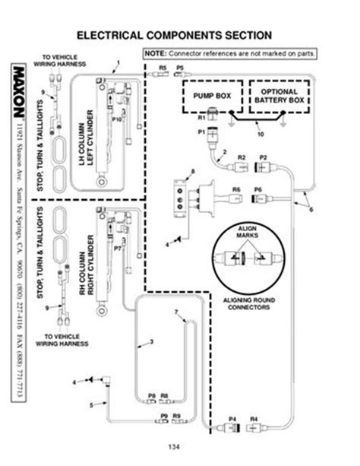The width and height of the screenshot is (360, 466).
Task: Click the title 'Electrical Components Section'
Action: click(180, 34)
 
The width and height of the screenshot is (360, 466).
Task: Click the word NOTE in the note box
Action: click(155, 54)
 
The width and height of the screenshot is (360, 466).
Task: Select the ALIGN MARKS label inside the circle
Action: click(248, 232)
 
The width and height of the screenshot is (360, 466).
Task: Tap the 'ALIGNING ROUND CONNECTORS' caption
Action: click(248, 304)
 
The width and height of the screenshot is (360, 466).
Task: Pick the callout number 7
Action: click(176, 312)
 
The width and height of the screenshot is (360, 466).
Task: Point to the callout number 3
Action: click(151, 342)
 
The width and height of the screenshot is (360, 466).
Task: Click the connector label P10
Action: click(117, 119)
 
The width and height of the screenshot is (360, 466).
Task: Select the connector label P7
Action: click(118, 248)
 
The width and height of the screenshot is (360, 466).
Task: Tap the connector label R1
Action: click(202, 119)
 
